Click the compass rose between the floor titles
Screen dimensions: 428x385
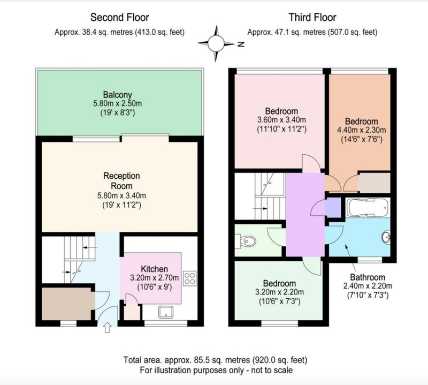pos(216,43)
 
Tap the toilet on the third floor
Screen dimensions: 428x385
pos(246,241)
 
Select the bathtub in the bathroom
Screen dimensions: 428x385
pos(368,207)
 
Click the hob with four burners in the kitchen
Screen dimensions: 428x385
pos(190,278)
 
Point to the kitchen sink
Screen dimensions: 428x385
pos(166,312)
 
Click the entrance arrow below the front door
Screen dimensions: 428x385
pos(108,328)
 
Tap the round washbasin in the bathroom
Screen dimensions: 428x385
pos(386,237)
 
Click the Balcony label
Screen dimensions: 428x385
pos(117,95)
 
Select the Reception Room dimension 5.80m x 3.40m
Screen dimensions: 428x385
pos(121,195)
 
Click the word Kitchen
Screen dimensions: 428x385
pos(154,269)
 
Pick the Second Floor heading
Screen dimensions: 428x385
pos(119,17)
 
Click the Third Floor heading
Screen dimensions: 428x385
pos(312,17)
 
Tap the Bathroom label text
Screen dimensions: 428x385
pos(368,277)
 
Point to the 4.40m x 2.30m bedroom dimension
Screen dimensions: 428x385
pos(362,130)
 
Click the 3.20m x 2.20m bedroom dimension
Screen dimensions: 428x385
pos(279,292)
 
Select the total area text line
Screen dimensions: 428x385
pos(216,360)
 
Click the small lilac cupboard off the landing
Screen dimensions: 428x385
pos(333,207)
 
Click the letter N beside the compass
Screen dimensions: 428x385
pos(240,44)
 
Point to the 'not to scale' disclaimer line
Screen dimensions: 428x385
pos(216,370)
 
